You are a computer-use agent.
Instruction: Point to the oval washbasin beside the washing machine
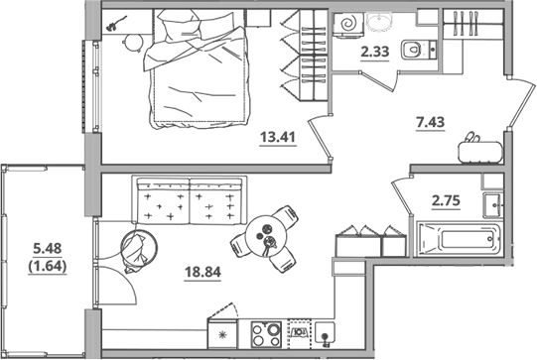click(x=380, y=21)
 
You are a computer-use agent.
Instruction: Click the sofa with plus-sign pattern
click(x=189, y=202)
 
